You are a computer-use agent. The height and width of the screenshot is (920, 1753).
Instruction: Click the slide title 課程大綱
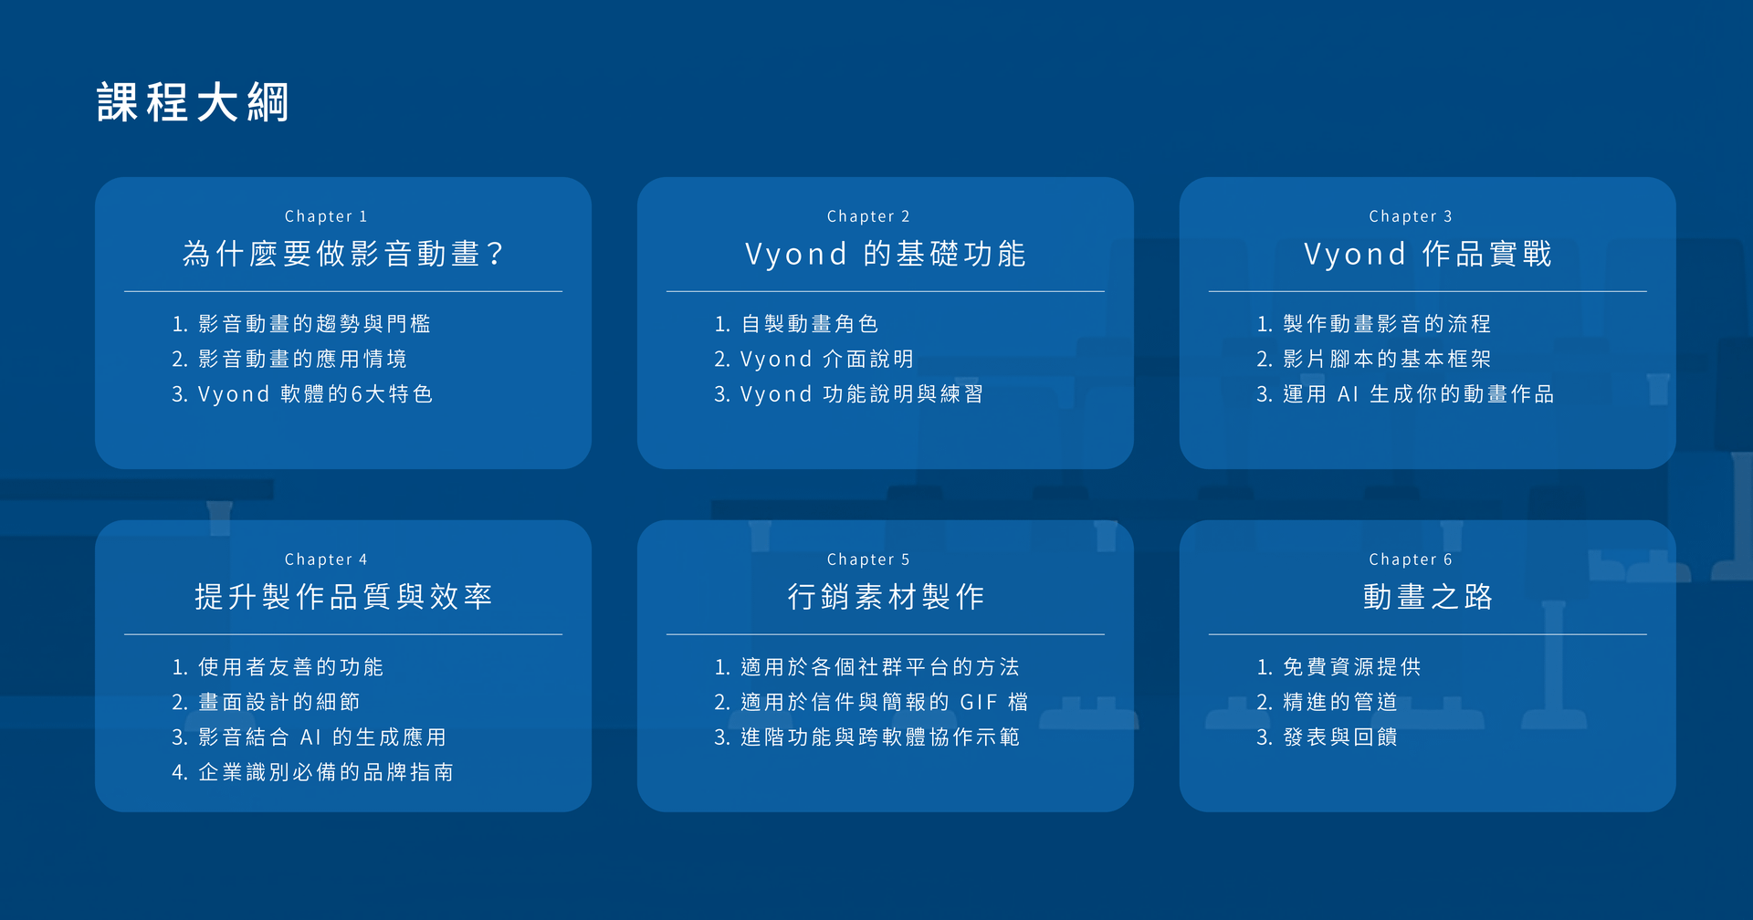click(x=193, y=102)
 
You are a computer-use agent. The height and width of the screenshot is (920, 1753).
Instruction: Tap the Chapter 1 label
click(x=326, y=216)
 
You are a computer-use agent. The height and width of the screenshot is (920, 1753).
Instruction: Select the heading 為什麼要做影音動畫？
click(x=343, y=254)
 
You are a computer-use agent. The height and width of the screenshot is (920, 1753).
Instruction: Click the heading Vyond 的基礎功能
click(x=886, y=254)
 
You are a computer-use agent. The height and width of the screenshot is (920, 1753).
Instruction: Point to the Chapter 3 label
click(x=1411, y=216)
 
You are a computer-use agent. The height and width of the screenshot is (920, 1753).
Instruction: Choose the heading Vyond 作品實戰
click(x=1428, y=254)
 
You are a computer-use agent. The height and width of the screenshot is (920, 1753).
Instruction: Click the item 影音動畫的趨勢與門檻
click(x=314, y=324)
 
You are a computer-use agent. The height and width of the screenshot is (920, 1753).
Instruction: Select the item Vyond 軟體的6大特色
click(x=315, y=394)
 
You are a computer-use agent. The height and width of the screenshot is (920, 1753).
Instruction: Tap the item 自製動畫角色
click(x=810, y=324)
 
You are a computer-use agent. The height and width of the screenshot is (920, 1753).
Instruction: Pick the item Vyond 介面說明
click(x=827, y=360)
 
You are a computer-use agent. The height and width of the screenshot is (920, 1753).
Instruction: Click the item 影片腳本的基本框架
click(x=1387, y=360)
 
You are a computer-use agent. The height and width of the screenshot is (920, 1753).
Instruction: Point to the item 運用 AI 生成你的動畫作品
click(x=1419, y=394)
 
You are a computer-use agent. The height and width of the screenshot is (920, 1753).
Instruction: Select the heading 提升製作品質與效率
click(x=343, y=597)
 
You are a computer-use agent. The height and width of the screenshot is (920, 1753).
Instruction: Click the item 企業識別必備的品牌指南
click(x=326, y=773)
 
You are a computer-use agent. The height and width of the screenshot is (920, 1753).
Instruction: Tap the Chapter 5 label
click(x=868, y=559)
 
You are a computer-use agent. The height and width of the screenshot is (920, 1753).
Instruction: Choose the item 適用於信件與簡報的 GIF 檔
click(x=885, y=703)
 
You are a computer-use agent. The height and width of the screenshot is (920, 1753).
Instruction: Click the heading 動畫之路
click(x=1428, y=597)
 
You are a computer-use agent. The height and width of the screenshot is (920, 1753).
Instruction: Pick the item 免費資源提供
click(x=1352, y=667)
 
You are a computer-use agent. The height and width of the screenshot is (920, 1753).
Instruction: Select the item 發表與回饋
click(x=1340, y=737)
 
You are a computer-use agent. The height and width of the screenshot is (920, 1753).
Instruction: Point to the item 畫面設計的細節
click(x=279, y=703)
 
